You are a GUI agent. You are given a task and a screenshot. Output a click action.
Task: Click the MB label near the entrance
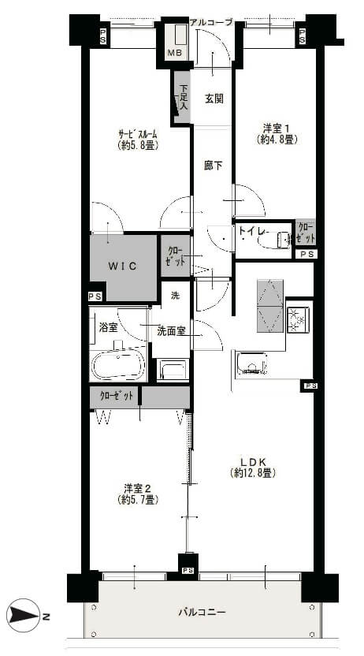(x=174, y=53)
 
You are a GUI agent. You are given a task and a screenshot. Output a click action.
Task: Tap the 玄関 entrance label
(x=214, y=99)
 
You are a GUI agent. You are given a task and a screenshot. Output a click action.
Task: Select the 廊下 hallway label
(x=214, y=166)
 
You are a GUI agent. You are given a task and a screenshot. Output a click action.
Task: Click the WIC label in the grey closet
(x=122, y=266)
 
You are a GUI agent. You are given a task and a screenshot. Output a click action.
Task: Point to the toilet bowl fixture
(x=274, y=240)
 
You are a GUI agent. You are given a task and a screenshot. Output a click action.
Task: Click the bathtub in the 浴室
(x=119, y=363)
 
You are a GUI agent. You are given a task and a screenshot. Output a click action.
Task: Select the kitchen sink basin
(x=251, y=363)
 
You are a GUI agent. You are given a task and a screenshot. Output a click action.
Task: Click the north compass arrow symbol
(x=24, y=616)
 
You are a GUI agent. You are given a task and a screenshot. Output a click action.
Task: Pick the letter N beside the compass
(x=46, y=616)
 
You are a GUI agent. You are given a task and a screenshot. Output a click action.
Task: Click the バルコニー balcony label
(x=202, y=613)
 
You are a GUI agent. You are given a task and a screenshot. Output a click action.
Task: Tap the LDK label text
(x=252, y=462)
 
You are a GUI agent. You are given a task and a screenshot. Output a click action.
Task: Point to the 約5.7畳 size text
(x=137, y=500)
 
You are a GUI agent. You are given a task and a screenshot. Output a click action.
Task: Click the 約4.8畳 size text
(x=277, y=140)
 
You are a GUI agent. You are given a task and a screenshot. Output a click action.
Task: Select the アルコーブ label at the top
(x=210, y=22)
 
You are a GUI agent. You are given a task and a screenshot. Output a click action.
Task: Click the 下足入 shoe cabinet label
(x=184, y=97)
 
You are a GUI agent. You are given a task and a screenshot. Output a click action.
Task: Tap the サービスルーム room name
(x=138, y=135)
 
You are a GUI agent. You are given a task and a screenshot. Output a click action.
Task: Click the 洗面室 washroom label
(x=171, y=330)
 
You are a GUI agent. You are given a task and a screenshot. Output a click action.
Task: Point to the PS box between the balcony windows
(x=188, y=570)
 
